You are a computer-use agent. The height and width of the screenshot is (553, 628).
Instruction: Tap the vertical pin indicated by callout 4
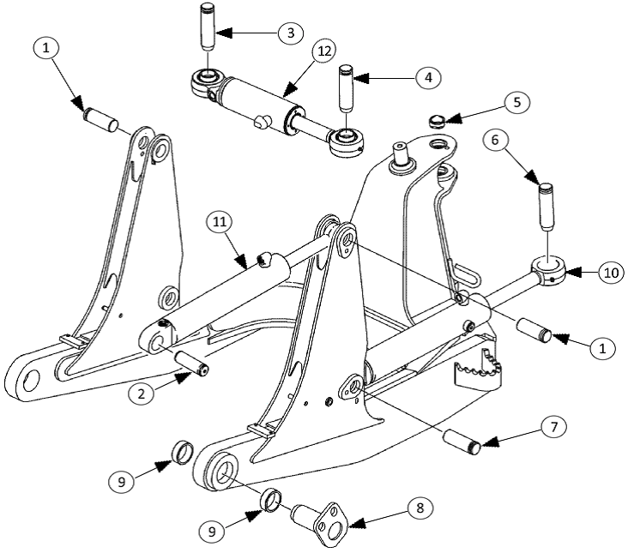[x=346, y=87]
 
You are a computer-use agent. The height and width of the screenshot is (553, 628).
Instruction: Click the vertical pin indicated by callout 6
[x=546, y=201]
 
